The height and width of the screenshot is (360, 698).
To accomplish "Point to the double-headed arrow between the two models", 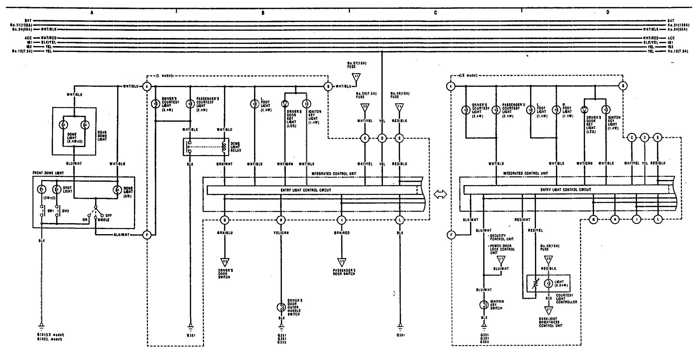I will pos(440,195).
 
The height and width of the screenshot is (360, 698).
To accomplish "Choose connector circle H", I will pos(615,220).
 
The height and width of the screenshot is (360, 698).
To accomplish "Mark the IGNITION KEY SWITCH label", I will pos(497,305).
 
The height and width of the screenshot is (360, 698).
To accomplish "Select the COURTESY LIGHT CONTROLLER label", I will pos(567,299).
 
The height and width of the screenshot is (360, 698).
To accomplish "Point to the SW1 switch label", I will pos(50,211).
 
